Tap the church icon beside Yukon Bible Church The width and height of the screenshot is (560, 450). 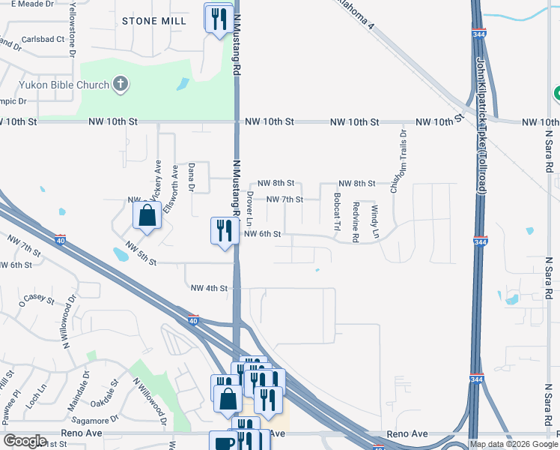[121, 84]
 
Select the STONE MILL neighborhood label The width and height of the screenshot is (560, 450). [154, 21]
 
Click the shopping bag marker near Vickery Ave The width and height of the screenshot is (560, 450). [147, 216]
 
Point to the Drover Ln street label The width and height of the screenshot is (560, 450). [249, 208]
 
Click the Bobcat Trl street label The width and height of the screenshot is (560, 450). [337, 212]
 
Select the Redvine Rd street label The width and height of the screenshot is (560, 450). [356, 222]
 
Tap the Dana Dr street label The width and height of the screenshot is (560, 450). [192, 178]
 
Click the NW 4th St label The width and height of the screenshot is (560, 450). [209, 288]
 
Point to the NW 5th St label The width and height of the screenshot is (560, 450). [141, 253]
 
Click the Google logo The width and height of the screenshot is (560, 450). [25, 441]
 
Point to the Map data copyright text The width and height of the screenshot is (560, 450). [513, 444]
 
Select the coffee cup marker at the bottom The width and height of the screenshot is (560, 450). [222, 441]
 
